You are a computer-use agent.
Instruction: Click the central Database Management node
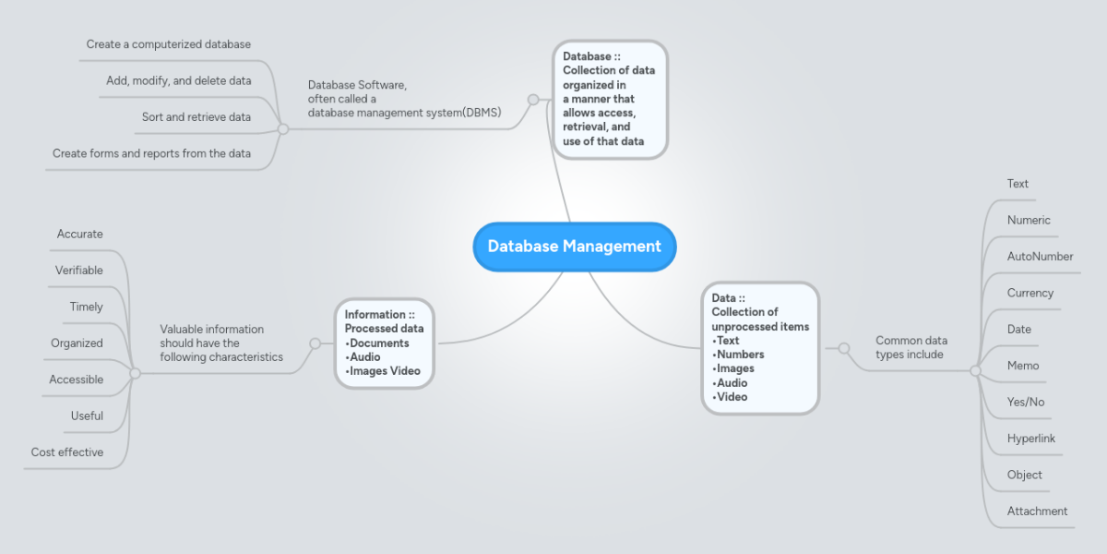574,247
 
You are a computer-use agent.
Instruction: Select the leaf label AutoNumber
1040,257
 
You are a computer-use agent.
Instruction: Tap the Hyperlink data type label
1030,439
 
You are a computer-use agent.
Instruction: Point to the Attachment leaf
1037,512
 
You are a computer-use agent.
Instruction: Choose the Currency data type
1030,293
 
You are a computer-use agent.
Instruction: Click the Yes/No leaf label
1026,403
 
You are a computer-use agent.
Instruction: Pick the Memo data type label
1023,366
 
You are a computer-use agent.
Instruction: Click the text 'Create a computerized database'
169,44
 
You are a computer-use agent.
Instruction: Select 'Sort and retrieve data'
196,117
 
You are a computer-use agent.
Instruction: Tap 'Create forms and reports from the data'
151,153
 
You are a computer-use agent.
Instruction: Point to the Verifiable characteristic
79,271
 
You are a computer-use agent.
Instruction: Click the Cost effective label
67,452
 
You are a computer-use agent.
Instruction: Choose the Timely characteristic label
86,307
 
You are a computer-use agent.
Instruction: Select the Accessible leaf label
77,379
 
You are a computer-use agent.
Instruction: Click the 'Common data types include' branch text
911,347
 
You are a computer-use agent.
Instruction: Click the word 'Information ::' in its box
379,315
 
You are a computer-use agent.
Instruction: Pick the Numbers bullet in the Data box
740,355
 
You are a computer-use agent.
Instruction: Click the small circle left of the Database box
532,100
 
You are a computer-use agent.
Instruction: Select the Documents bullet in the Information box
379,343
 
